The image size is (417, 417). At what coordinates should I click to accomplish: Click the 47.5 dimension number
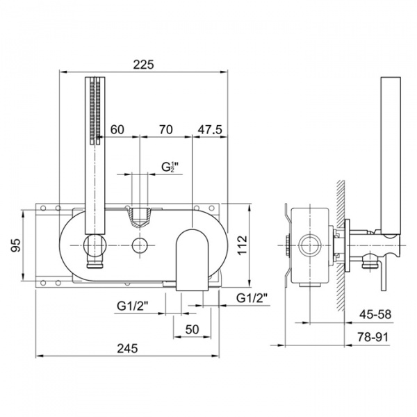point(209,129)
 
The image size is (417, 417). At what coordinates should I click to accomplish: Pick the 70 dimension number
point(165,129)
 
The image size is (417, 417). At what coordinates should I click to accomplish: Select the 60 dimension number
point(117,129)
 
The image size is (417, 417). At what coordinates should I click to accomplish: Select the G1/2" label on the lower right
point(252,298)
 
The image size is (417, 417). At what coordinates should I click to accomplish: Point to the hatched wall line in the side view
point(342,236)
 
